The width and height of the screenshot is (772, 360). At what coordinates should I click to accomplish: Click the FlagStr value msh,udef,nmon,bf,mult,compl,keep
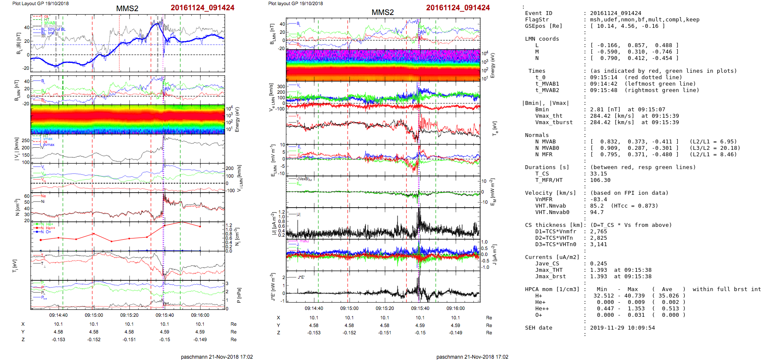point(645,20)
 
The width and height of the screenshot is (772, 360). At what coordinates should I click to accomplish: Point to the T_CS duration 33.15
point(598,174)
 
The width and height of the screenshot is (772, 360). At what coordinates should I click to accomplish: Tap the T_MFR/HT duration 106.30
point(600,180)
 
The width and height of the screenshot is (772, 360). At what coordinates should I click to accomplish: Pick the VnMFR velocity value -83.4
point(598,199)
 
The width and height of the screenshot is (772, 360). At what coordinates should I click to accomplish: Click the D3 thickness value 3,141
point(598,244)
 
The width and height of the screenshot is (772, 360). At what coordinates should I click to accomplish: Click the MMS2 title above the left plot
point(127,9)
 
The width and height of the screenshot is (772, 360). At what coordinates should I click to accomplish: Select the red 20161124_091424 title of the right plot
point(457,8)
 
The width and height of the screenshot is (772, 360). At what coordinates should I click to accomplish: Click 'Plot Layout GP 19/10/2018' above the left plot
point(40,3)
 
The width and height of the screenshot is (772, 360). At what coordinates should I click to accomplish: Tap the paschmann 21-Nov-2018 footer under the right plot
point(472,357)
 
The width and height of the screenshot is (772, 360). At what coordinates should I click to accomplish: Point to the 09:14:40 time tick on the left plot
point(58,315)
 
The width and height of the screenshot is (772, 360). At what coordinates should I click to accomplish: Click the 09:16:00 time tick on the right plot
point(455,308)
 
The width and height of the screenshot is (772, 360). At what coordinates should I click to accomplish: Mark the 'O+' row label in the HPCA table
point(538,315)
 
